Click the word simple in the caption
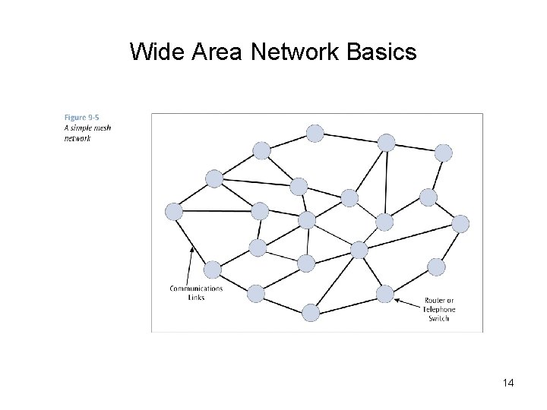click(84, 128)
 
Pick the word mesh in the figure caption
click(103, 128)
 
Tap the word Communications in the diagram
click(196, 289)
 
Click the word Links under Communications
click(196, 297)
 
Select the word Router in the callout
click(436, 301)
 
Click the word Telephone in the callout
click(440, 310)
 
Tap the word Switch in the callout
click(439, 318)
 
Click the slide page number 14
click(508, 383)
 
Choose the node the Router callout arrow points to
click(385, 294)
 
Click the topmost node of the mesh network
click(315, 134)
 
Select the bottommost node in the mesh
click(311, 312)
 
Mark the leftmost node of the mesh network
click(174, 212)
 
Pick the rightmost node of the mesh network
click(460, 223)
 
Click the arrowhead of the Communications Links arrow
click(191, 248)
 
